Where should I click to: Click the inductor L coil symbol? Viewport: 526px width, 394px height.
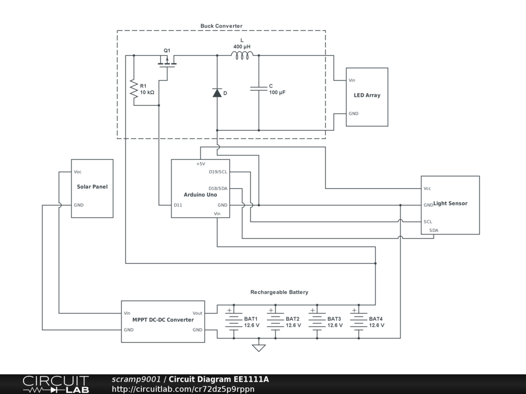pyautogui.click(x=242, y=55)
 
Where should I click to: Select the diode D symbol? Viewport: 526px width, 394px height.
pyautogui.click(x=217, y=93)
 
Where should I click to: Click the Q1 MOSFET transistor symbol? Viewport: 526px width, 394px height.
pyautogui.click(x=166, y=62)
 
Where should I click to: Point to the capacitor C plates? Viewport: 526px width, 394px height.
pyautogui.click(x=258, y=89)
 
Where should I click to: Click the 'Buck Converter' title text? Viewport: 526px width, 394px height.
pyautogui.click(x=221, y=26)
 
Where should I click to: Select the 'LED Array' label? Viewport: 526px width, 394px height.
pyautogui.click(x=367, y=95)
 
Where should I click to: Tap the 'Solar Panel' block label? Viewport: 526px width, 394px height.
pyautogui.click(x=92, y=187)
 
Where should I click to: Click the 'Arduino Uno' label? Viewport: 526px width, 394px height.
pyautogui.click(x=200, y=195)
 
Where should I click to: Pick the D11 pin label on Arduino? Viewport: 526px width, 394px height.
pyautogui.click(x=178, y=205)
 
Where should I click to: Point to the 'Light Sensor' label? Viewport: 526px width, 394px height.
pyautogui.click(x=450, y=204)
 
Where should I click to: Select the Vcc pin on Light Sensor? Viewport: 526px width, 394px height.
pyautogui.click(x=427, y=188)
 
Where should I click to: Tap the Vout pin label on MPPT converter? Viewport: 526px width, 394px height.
pyautogui.click(x=197, y=313)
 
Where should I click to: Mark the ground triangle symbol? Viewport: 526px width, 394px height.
pyautogui.click(x=259, y=348)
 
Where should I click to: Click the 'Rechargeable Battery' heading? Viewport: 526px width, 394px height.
pyautogui.click(x=279, y=292)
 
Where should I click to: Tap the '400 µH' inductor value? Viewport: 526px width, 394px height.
pyautogui.click(x=241, y=47)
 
